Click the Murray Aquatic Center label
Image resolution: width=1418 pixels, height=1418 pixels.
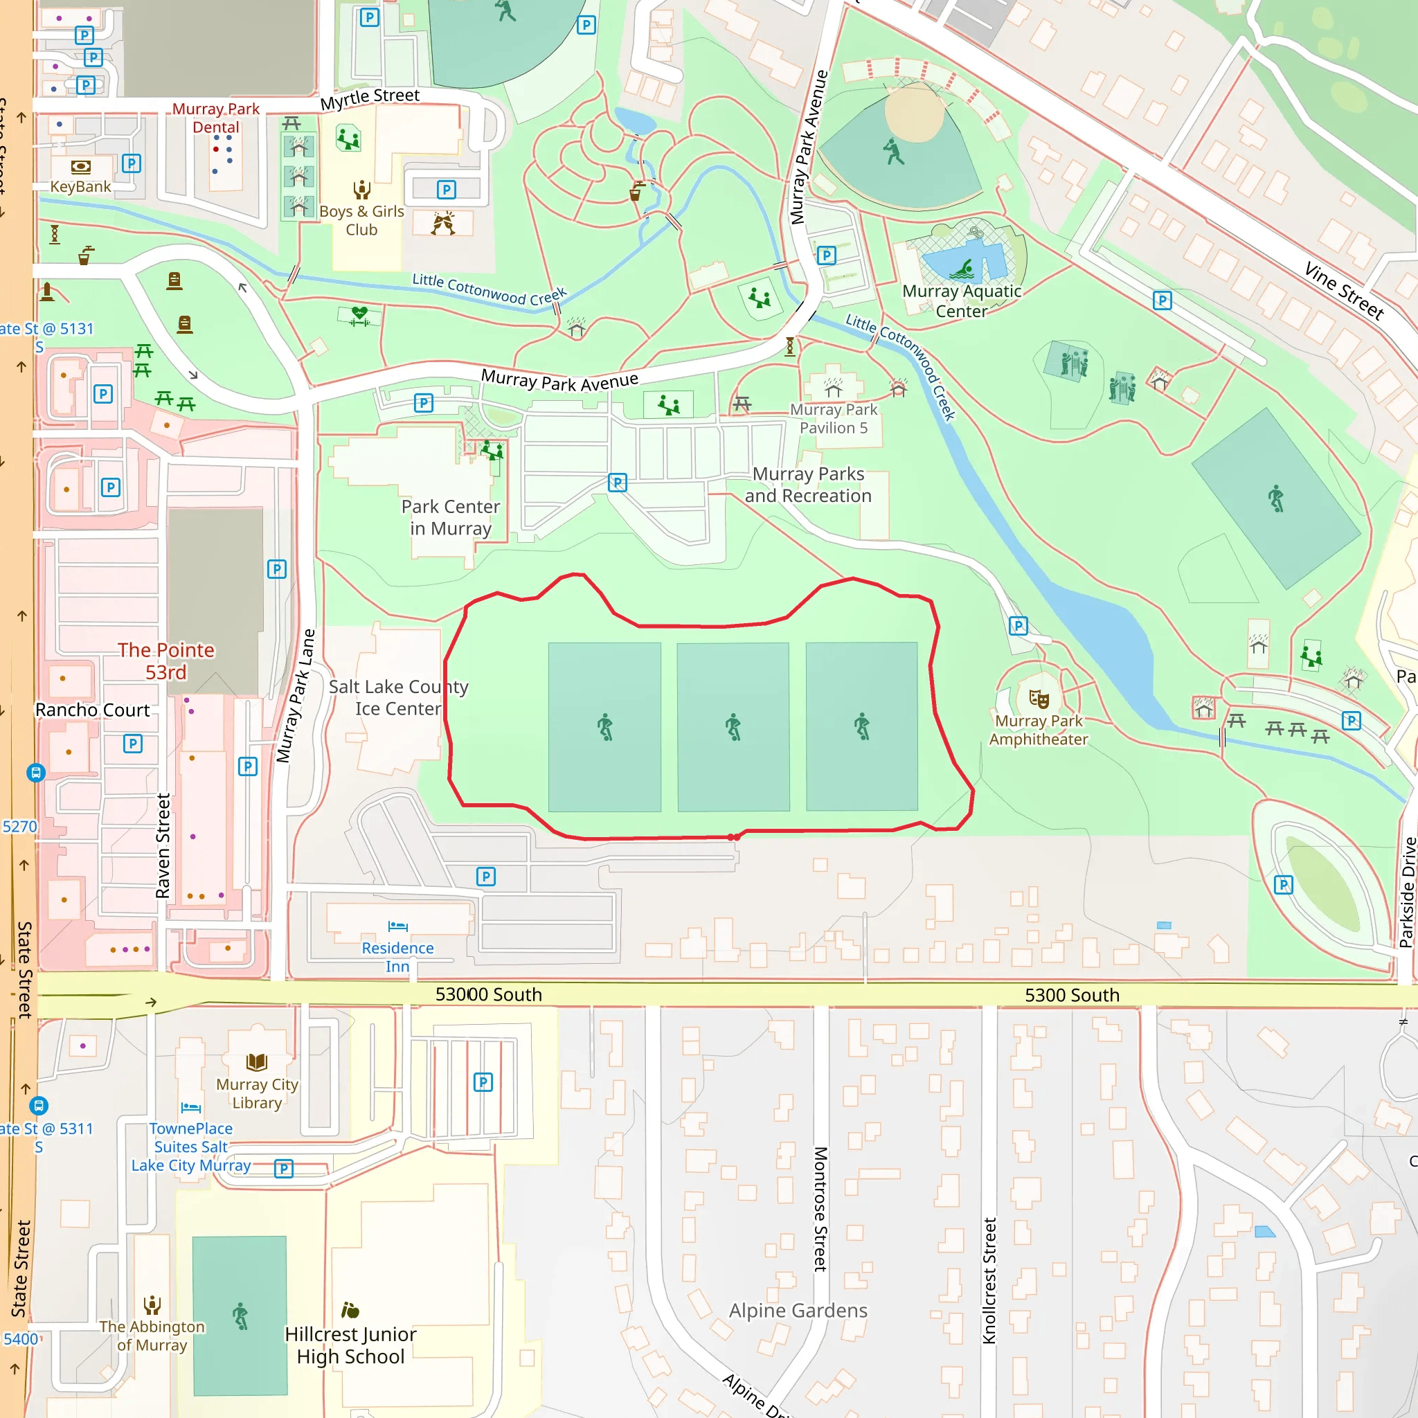(962, 301)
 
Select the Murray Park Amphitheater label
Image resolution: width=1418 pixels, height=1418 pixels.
(1039, 730)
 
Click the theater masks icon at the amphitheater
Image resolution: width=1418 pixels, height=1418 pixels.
(1039, 699)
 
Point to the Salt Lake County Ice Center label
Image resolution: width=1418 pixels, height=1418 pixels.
(398, 697)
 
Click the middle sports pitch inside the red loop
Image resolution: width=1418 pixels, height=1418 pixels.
(733, 726)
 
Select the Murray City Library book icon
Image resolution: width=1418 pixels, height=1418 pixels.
(257, 1062)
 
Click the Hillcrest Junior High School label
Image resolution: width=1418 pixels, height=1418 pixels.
(351, 1345)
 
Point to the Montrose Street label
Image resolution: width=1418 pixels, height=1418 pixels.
(820, 1209)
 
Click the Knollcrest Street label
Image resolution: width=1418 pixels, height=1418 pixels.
(989, 1281)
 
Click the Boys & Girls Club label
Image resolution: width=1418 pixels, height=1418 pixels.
(362, 220)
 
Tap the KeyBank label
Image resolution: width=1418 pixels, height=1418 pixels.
(81, 186)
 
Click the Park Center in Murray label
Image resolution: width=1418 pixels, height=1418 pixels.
(451, 517)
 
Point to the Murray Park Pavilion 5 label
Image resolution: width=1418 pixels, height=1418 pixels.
(833, 418)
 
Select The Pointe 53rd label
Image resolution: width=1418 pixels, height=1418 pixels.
(166, 661)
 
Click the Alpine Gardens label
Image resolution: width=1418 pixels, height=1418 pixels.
(798, 1310)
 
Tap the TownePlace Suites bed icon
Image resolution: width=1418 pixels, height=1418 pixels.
(191, 1107)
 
